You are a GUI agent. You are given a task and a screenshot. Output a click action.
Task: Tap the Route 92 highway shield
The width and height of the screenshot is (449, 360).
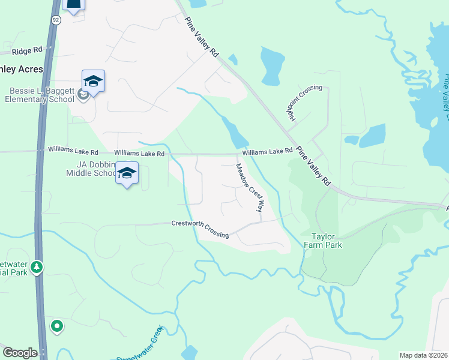(x=56, y=20)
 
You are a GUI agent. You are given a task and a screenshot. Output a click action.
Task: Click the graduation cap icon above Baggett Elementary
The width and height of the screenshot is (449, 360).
(x=93, y=81)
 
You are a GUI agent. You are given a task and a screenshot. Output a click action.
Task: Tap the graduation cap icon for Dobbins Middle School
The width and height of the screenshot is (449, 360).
(x=127, y=173)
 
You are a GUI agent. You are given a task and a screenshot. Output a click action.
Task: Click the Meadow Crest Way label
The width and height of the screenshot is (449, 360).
(x=250, y=188)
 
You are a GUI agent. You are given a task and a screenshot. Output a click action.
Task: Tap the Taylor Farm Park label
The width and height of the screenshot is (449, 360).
(x=326, y=241)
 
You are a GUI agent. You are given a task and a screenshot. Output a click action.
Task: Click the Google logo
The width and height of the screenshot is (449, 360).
(x=20, y=353)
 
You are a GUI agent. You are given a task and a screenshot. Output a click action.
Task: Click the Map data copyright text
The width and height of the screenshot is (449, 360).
(x=424, y=355)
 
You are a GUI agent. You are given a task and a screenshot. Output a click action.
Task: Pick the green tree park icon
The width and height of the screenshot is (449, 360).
(x=37, y=266)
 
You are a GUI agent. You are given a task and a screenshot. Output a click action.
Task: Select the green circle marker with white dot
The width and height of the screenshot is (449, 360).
(x=57, y=326)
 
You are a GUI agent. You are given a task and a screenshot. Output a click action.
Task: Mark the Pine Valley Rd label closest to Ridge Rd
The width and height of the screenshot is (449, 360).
(x=201, y=37)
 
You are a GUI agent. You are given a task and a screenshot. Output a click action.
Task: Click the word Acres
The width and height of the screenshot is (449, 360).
(x=29, y=70)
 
